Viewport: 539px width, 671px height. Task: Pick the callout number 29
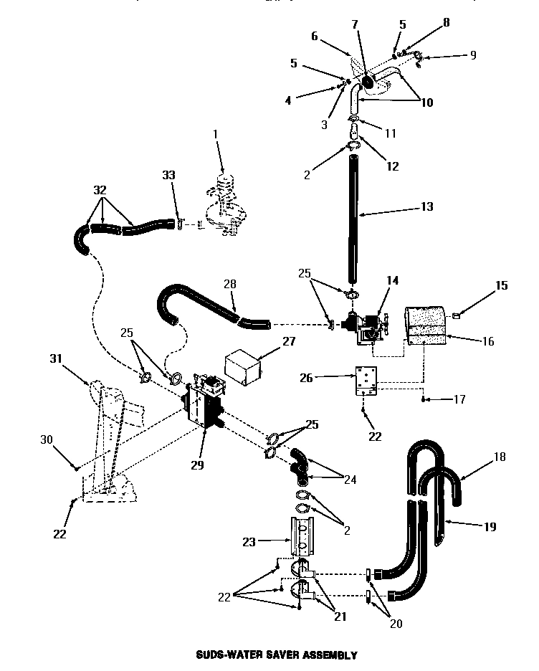[x=198, y=465]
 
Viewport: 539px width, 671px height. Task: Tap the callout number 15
[x=501, y=286]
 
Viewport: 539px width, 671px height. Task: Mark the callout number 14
[x=393, y=280]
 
